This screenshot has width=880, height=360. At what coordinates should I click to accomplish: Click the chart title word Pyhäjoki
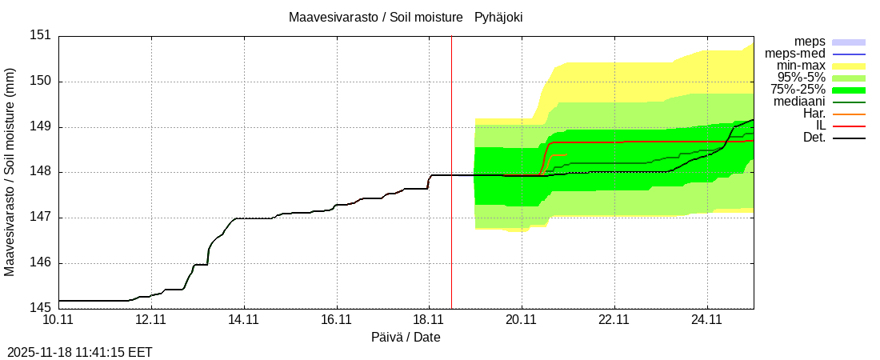coord(498,17)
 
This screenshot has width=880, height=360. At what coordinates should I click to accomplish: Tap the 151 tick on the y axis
coord(41,35)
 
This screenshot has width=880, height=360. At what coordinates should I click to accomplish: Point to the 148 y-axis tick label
coord(41,172)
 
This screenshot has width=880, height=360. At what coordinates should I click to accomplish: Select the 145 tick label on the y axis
coord(41,308)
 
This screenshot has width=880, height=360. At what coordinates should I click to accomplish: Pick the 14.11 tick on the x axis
coord(243,320)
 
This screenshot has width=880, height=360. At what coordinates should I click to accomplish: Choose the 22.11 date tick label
coord(614,320)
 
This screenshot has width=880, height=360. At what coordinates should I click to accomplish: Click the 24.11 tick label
coord(707,320)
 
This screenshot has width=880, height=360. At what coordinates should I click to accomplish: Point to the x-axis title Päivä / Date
coord(406,338)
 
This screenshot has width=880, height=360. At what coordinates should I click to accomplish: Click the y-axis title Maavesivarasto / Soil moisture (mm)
coord(10,172)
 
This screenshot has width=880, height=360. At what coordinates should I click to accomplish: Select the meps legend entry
coord(810,42)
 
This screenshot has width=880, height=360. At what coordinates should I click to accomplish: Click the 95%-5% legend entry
coord(800,78)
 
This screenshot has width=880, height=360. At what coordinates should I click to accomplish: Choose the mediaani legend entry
coord(799,102)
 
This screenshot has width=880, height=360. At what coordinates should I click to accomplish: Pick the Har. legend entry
coord(813,114)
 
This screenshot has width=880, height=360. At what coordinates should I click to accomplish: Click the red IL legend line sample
coord(849,126)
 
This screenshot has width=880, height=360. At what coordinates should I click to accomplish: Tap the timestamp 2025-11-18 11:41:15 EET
coord(80,352)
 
